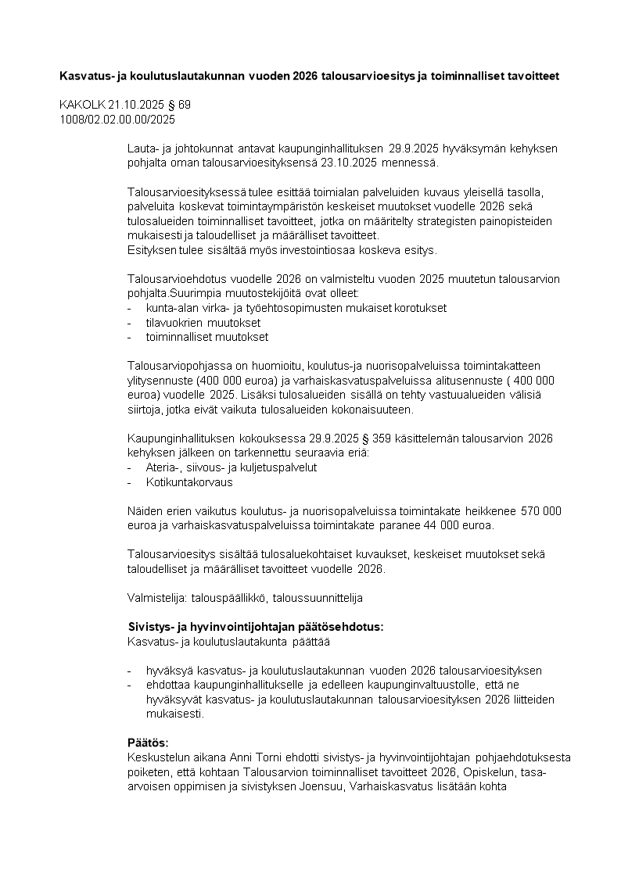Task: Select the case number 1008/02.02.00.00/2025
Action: coord(117,120)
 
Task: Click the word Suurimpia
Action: coord(195,294)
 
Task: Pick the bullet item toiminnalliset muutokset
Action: coord(206,337)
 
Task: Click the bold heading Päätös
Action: coord(148,743)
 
